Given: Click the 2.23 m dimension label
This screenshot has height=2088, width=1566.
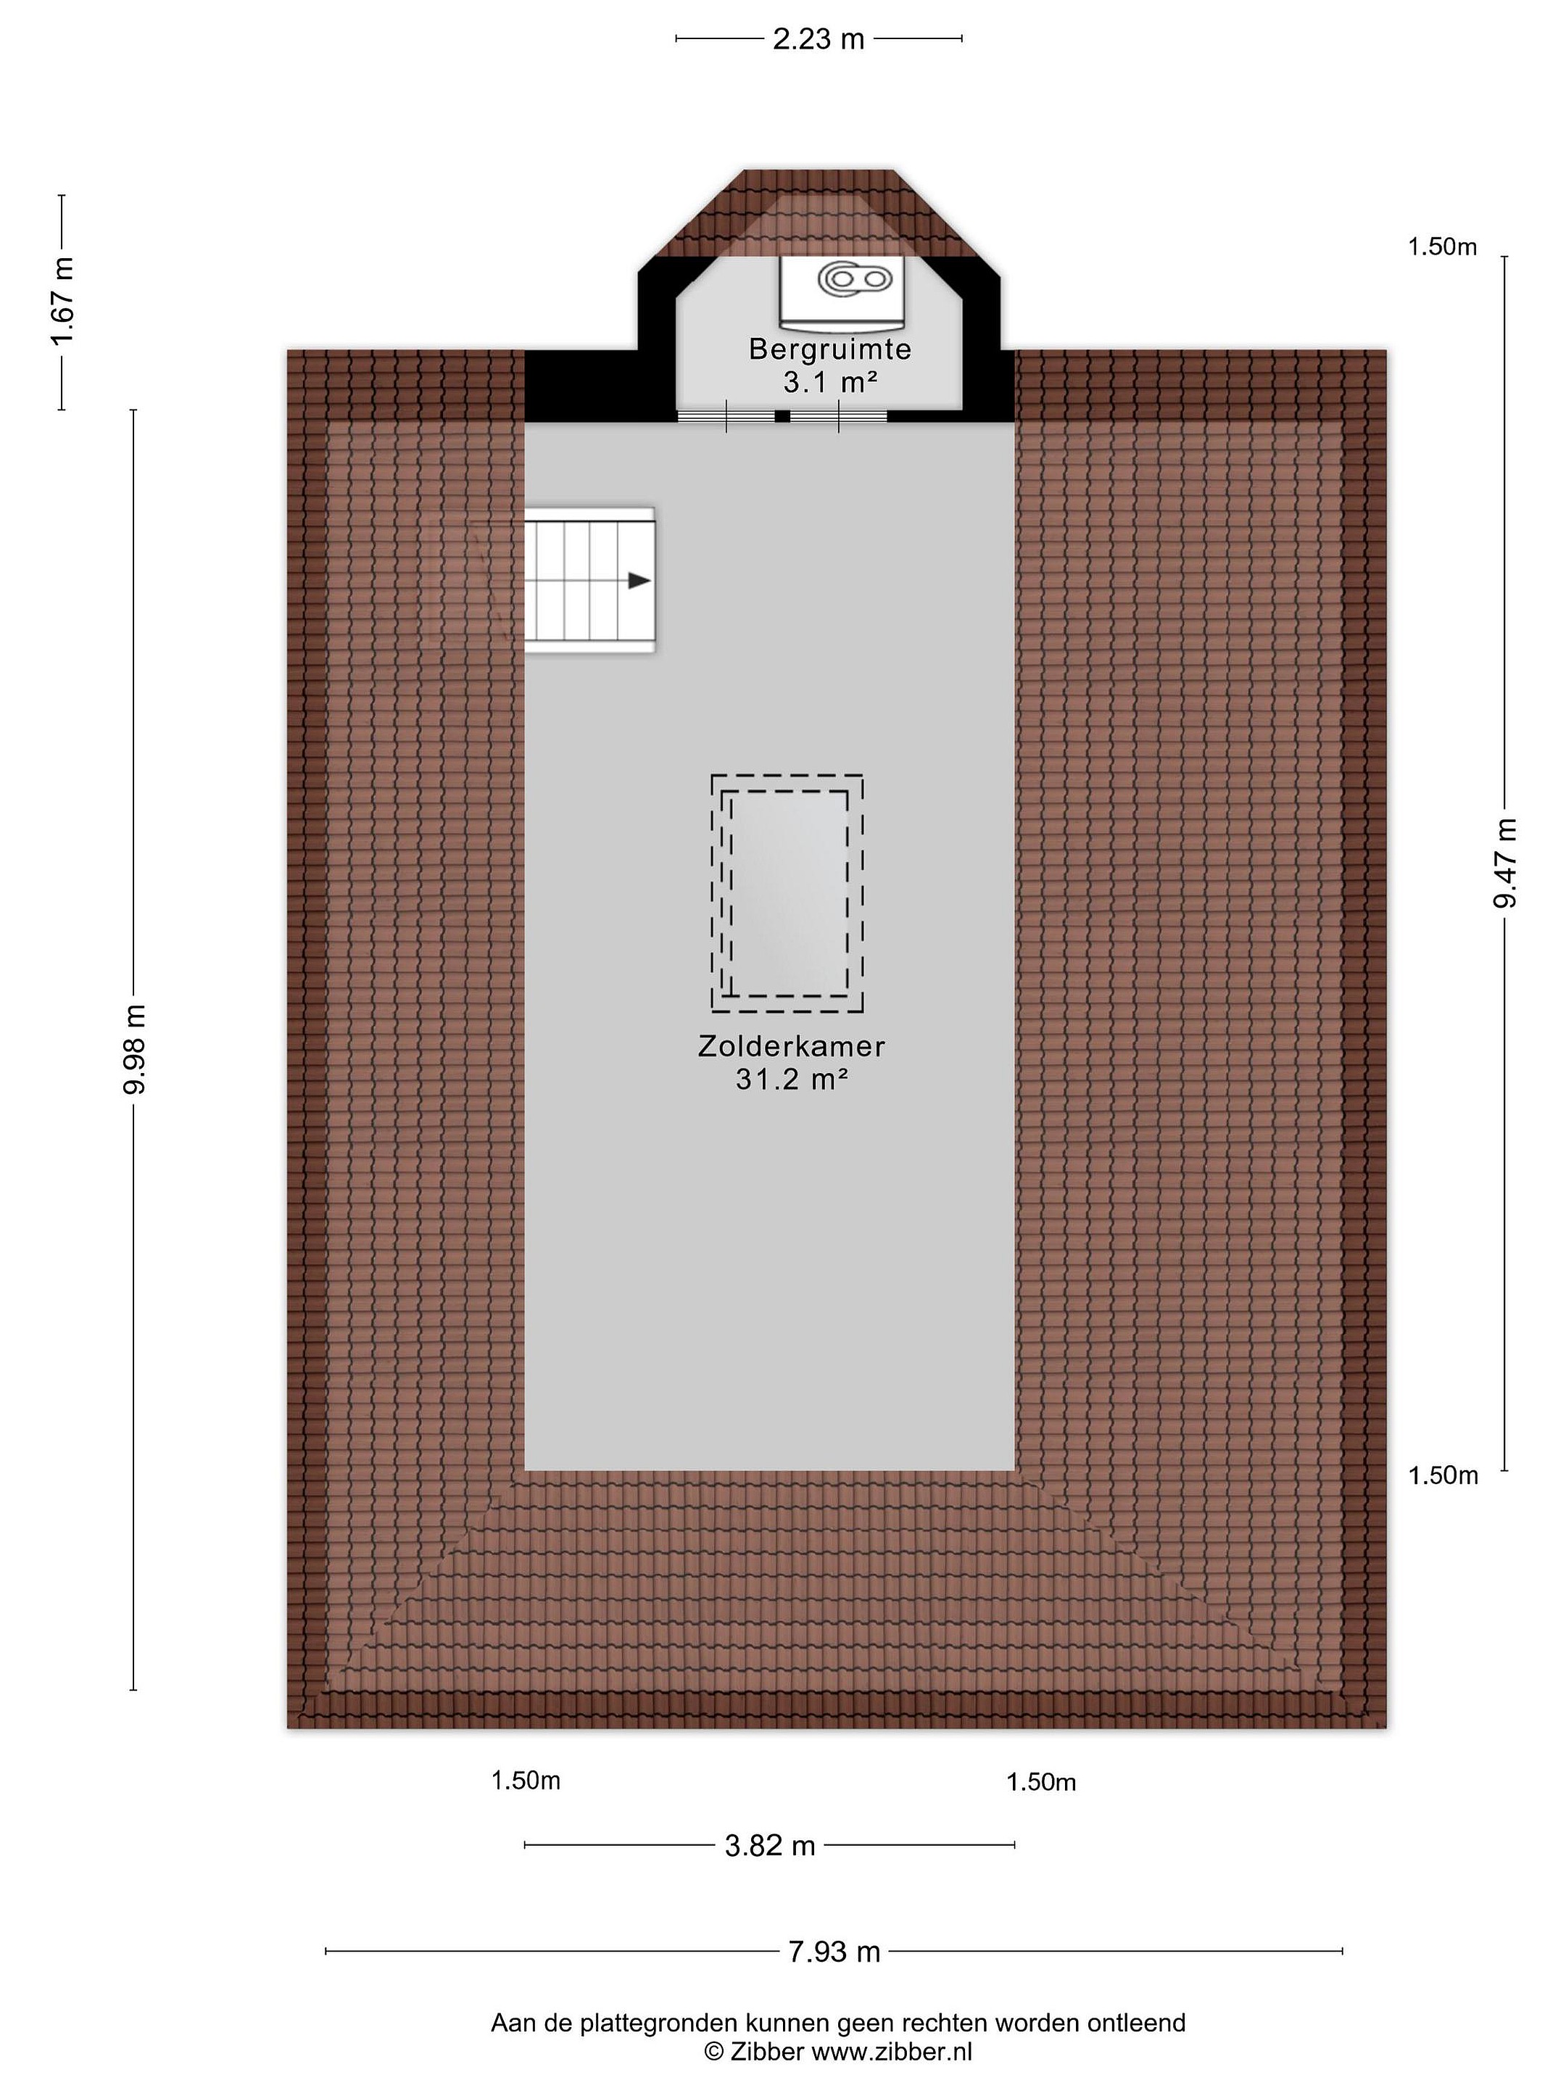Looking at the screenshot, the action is tap(819, 38).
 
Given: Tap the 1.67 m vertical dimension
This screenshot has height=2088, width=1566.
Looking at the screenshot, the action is tap(62, 302).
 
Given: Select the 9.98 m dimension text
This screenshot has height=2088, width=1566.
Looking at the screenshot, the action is tap(133, 1050).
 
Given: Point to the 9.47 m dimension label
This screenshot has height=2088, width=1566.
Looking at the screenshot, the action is tap(1504, 863).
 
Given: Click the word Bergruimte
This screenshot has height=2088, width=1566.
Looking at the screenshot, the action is tap(829, 349).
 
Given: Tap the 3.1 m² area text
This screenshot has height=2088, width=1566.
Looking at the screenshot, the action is tap(829, 381).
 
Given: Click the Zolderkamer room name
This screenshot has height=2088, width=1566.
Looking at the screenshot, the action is tap(791, 1046).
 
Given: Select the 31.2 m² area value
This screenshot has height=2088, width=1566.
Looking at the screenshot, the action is tap(791, 1078).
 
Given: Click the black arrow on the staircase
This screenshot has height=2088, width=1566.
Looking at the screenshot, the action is tap(639, 581).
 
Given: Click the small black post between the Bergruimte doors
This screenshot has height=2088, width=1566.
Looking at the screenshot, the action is tap(782, 415).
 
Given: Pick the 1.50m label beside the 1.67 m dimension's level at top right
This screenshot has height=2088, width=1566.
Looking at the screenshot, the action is tap(1442, 246).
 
